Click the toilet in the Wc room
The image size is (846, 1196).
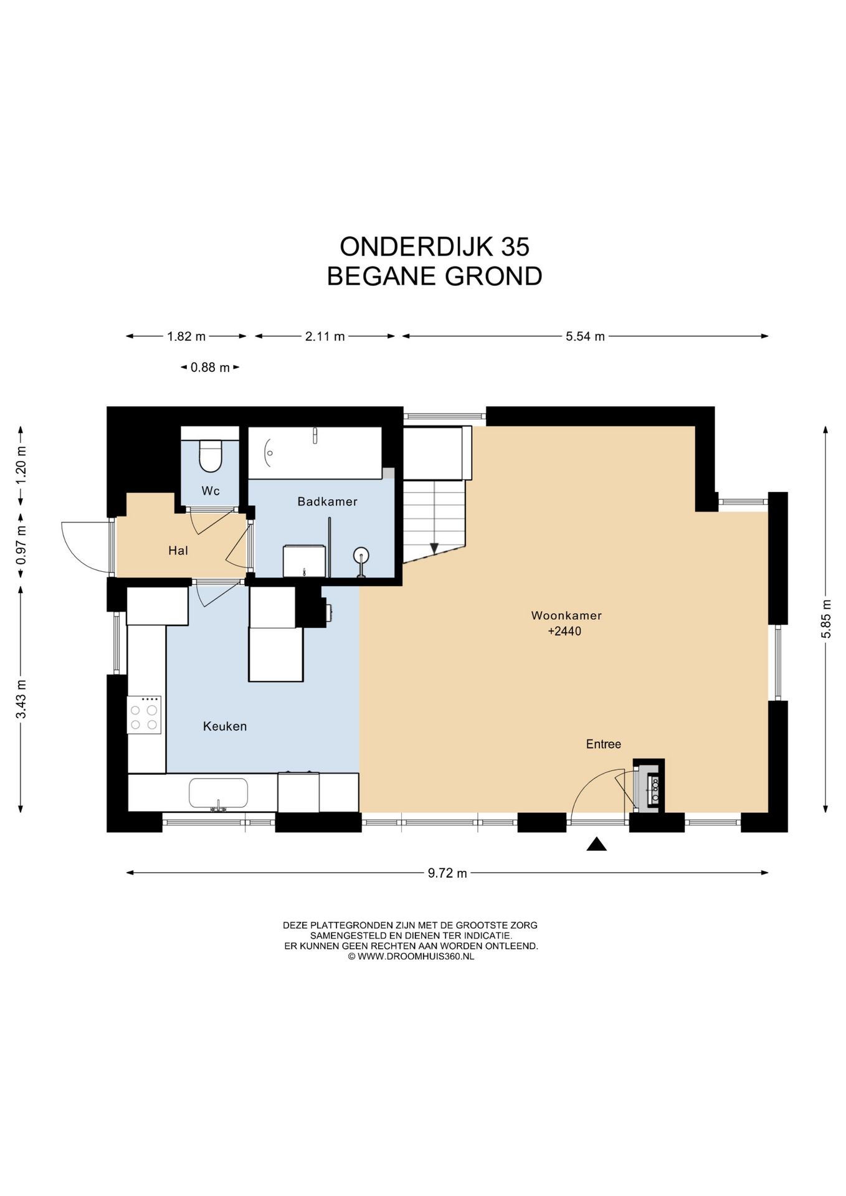click(210, 457)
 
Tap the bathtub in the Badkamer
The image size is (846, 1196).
click(315, 453)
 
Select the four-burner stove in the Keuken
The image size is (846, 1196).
click(144, 715)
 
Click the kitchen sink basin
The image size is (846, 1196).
click(218, 793)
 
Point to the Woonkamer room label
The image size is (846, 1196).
click(566, 615)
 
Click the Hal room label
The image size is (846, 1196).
click(178, 551)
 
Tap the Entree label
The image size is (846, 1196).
click(603, 744)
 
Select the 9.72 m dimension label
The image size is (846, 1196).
click(447, 873)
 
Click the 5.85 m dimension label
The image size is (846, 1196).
click(826, 619)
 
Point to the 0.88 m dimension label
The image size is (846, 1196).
click(210, 368)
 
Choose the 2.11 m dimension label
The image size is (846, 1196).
click(325, 336)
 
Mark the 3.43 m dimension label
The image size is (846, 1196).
click(21, 698)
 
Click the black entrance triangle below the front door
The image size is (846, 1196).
click(596, 845)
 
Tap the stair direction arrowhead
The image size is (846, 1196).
click(434, 548)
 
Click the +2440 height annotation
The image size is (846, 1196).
click(564, 632)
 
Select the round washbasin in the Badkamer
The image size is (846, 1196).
click(361, 555)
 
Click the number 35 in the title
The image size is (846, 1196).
click(515, 247)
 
